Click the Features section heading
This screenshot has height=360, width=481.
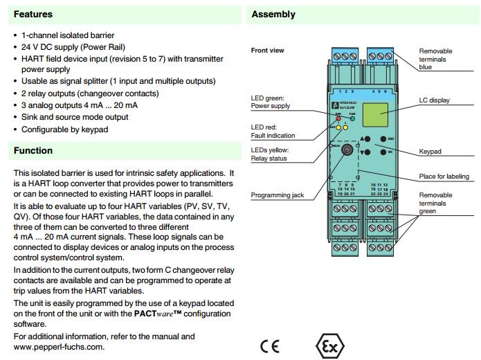pos(33,14)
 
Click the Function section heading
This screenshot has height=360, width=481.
pos(33,150)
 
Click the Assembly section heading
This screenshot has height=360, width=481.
pos(273,14)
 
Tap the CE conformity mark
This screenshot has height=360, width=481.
pos(270,345)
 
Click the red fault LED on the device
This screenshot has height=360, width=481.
pos(339,118)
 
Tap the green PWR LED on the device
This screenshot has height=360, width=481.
pos(352,118)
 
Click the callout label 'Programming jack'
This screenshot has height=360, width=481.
pos(278,195)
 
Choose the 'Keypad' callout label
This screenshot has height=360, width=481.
pos(430,151)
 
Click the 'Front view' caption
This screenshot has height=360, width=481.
pos(267,51)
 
